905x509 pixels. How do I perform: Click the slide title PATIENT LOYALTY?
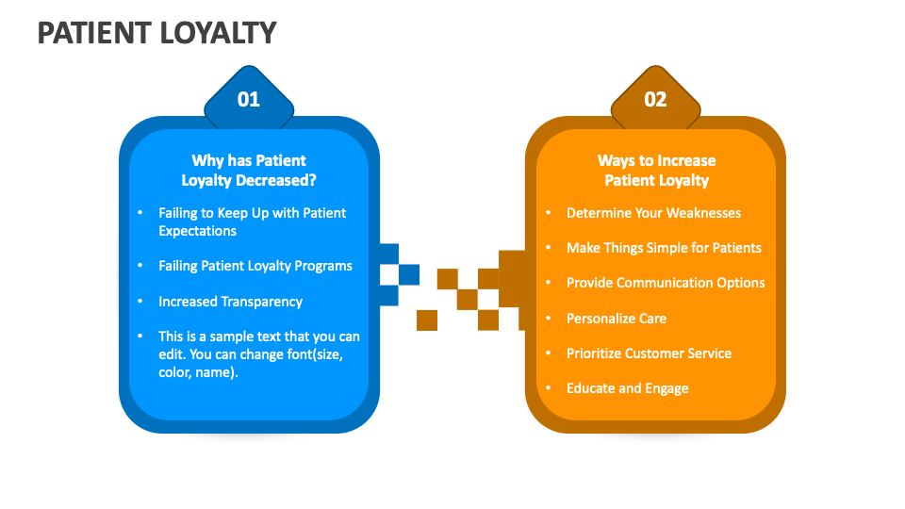coord(156,33)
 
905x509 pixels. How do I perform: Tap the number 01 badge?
coord(248,99)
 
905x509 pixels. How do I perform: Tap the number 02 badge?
coord(655,99)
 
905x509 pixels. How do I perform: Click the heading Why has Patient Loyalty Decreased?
coord(249,171)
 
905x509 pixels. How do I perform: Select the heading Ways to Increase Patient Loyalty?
coord(656,171)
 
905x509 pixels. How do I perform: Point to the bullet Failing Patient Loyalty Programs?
coord(255,266)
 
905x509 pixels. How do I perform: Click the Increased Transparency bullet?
coord(230,302)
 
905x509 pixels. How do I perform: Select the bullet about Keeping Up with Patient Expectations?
coord(252,222)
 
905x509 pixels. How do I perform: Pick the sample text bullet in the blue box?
coord(258,354)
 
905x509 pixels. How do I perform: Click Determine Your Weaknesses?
coord(653,213)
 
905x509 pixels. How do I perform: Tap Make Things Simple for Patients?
coord(664,248)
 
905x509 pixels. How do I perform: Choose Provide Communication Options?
coord(666,283)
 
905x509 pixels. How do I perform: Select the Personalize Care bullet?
coord(616,319)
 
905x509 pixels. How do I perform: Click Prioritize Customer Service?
coord(649,353)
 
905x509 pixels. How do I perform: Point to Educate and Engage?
coord(627,388)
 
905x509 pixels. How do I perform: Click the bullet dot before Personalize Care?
coord(549,319)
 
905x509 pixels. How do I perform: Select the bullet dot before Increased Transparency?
coord(140,302)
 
